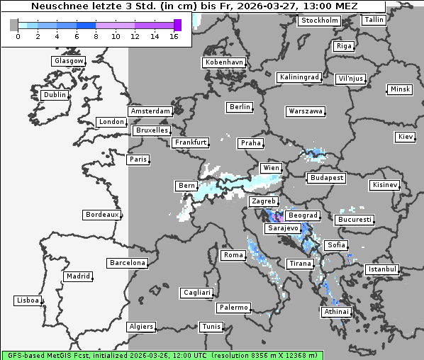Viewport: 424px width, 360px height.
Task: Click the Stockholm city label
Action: pyautogui.click(x=320, y=21)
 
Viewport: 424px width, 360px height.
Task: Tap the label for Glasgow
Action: pyautogui.click(x=68, y=61)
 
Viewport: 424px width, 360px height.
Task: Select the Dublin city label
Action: pyautogui.click(x=55, y=95)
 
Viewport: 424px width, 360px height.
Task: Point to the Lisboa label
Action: pyautogui.click(x=28, y=300)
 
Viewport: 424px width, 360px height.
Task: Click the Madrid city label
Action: pyautogui.click(x=77, y=276)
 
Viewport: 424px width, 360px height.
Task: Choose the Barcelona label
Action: pyautogui.click(x=128, y=263)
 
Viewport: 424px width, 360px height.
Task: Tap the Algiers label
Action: pyautogui.click(x=140, y=327)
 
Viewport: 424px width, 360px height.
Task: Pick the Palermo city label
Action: pyautogui.click(x=233, y=308)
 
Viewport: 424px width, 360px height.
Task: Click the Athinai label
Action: pyautogui.click(x=336, y=312)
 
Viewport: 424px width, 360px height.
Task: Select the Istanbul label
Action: pyautogui.click(x=382, y=269)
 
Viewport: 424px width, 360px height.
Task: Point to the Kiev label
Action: pyautogui.click(x=406, y=137)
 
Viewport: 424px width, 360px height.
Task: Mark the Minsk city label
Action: pyautogui.click(x=400, y=89)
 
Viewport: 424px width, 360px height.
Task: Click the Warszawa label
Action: pyautogui.click(x=306, y=111)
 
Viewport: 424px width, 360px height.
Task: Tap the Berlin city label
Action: pyautogui.click(x=240, y=107)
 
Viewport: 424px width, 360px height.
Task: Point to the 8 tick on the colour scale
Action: pyautogui.click(x=96, y=36)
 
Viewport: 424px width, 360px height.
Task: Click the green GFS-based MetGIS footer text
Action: pyautogui.click(x=162, y=354)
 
